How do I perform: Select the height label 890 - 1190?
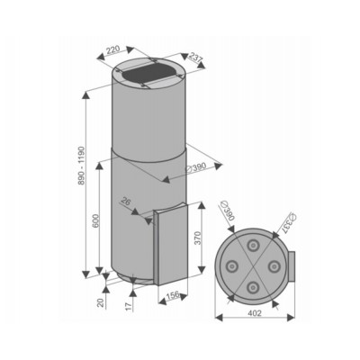pos(82,166)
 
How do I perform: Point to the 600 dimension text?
pos(95,221)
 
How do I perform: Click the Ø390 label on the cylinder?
pos(196,167)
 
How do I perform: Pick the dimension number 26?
pos(127,202)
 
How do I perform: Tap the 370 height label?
pos(197,238)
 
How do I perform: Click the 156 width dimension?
pos(172,294)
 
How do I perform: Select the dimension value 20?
pos(101,302)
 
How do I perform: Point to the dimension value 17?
pos(129,306)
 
